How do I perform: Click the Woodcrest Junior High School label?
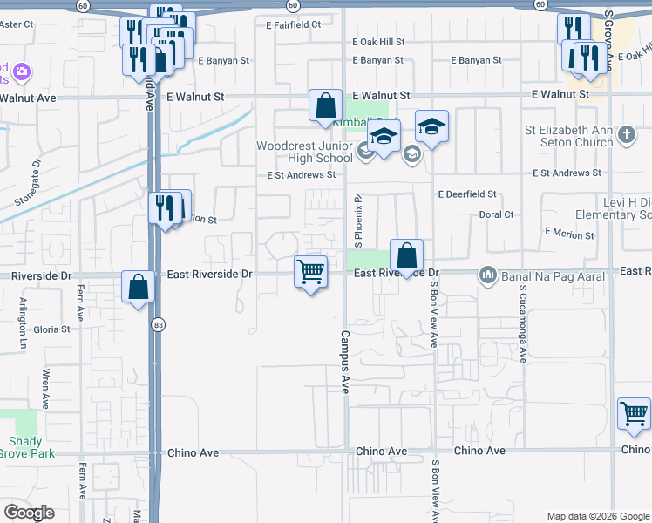point(304,152)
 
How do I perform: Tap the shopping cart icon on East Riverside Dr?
point(311,272)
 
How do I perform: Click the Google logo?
point(29,513)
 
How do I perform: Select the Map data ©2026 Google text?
point(597,516)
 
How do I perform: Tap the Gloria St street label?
point(51,329)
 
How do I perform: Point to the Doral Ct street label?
point(496,214)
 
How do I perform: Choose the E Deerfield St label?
point(467,194)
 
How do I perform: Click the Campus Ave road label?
point(344,361)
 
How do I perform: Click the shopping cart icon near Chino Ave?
point(635,414)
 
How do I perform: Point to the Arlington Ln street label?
point(24,324)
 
